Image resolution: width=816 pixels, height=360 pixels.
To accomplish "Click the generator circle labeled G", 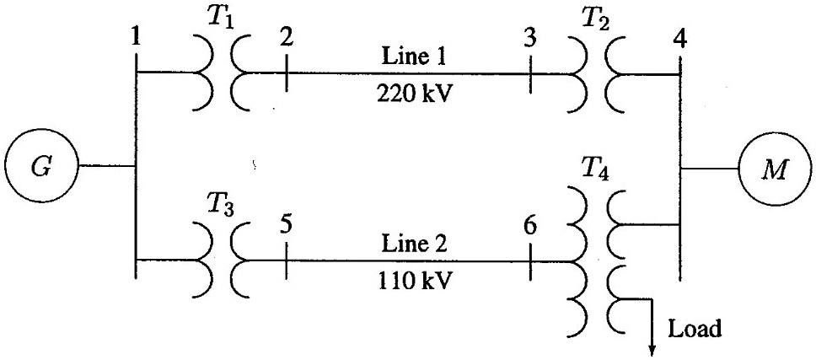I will pyautogui.click(x=40, y=167).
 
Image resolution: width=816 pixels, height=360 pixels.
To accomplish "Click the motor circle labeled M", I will pyautogui.click(x=773, y=168).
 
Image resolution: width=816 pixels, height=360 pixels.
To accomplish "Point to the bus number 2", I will pyautogui.click(x=287, y=39).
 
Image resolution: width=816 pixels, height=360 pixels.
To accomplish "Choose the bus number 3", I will pyautogui.click(x=529, y=39).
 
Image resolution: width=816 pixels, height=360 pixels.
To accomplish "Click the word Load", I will pyautogui.click(x=695, y=329).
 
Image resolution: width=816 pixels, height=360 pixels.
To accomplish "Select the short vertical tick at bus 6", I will pyautogui.click(x=529, y=261).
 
